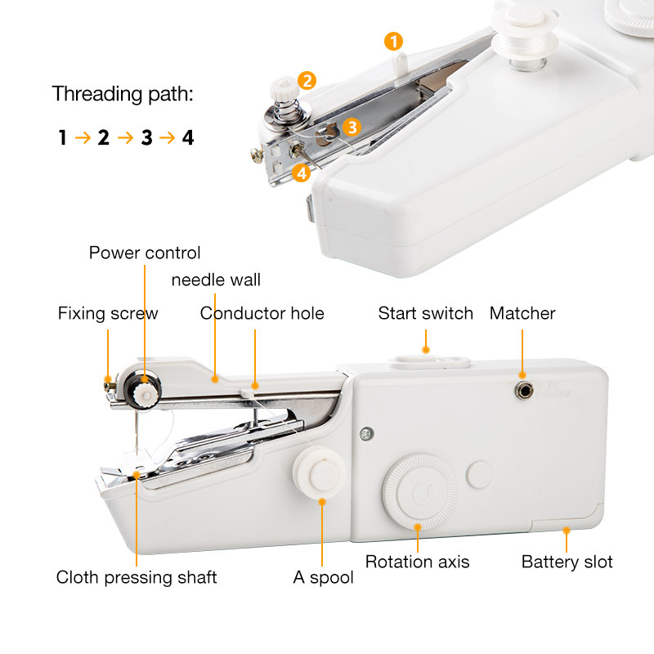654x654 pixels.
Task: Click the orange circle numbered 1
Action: point(393,42)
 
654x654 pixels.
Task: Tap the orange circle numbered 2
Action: point(307,80)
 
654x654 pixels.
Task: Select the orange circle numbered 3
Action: point(352,128)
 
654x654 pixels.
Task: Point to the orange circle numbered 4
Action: point(302,172)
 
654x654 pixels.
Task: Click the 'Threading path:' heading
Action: point(123,94)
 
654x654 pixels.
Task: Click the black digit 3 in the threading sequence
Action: point(147,137)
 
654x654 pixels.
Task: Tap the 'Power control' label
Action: point(145,253)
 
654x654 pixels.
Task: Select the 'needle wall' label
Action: point(216,280)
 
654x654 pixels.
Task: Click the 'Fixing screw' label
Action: point(108,314)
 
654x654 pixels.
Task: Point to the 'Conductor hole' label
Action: point(262,313)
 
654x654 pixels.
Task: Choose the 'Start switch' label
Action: point(425,313)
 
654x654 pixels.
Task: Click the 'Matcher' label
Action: point(522,313)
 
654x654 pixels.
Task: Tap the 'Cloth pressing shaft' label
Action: point(137,578)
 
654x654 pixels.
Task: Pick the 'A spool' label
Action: point(323,578)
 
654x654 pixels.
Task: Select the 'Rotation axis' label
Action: point(417,562)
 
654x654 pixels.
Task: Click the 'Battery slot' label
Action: point(567,562)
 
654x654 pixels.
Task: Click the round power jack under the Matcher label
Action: point(523,391)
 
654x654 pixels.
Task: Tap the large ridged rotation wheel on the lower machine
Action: point(420,491)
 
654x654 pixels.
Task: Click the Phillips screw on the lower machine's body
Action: point(366,434)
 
